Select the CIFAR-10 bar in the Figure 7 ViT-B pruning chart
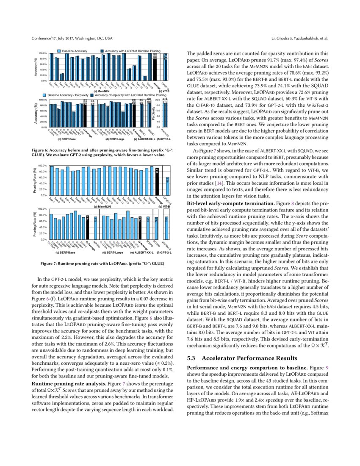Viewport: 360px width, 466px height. coord(168,187)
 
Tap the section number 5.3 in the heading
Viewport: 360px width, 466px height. coord(193,358)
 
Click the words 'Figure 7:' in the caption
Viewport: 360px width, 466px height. coord(50,264)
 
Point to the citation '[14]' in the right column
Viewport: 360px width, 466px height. coord(219,183)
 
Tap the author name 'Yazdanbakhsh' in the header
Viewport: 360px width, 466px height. coord(307,39)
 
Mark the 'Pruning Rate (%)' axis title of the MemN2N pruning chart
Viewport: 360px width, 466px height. coord(35,181)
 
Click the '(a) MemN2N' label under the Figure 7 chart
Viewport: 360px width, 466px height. coord(102,206)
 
